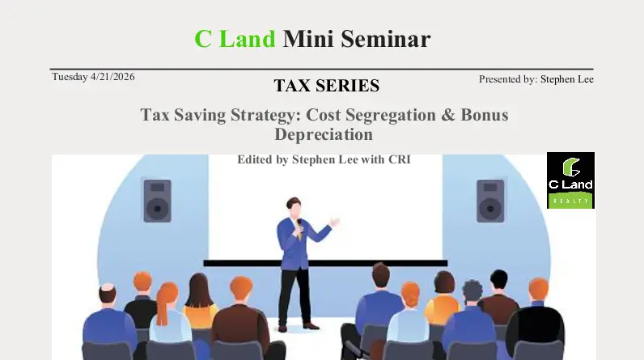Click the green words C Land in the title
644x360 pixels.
(x=235, y=38)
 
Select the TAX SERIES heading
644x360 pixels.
(x=326, y=86)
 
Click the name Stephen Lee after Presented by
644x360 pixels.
(x=567, y=79)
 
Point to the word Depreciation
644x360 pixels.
(x=324, y=134)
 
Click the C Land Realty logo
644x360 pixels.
(x=570, y=180)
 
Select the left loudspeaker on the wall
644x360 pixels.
(x=157, y=201)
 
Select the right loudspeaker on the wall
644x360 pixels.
(x=490, y=201)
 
